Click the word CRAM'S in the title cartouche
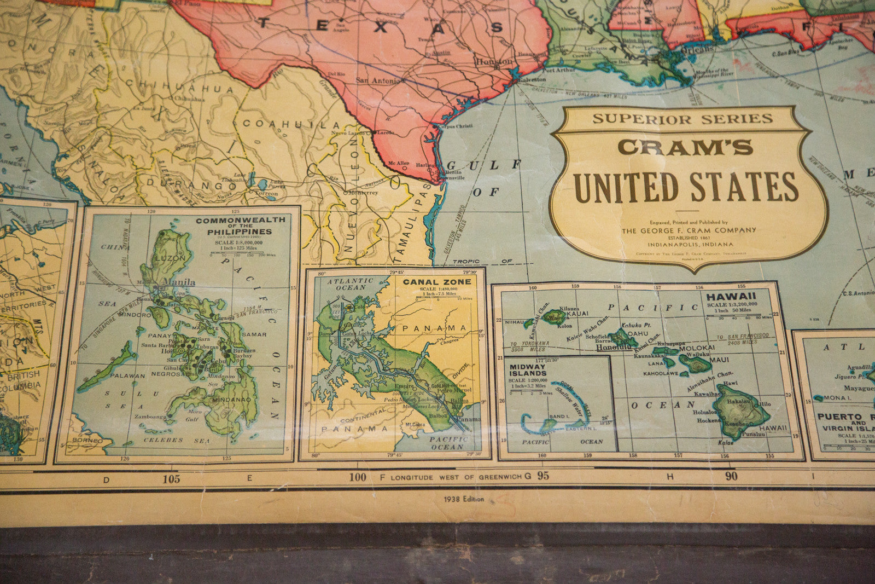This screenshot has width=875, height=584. [x=685, y=147]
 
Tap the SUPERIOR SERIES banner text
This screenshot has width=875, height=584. [x=682, y=119]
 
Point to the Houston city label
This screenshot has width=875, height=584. [x=494, y=62]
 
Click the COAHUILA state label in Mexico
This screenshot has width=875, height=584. [x=290, y=124]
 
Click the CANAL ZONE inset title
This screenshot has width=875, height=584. [x=437, y=282]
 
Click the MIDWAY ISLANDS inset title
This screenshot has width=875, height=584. [x=528, y=370]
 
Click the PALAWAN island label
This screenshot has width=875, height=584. [x=127, y=376]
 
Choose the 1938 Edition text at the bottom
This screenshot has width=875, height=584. [x=464, y=499]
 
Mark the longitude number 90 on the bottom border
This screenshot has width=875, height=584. [x=731, y=476]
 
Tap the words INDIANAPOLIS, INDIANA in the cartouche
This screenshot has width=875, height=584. [x=691, y=244]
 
